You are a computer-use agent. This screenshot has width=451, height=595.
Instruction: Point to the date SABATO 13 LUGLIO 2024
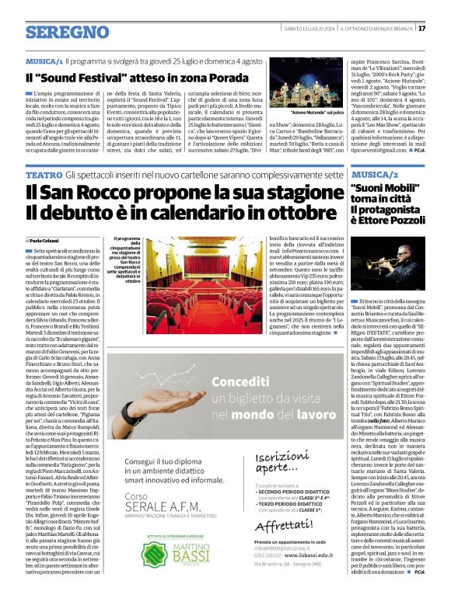tap(309, 28)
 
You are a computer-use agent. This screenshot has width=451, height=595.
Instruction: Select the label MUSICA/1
tap(44, 60)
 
